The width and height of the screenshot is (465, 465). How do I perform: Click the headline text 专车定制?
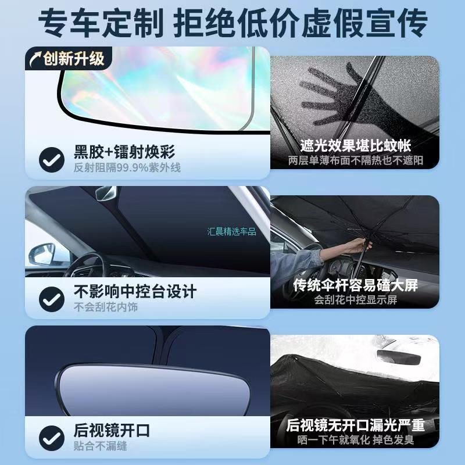click(x=100, y=23)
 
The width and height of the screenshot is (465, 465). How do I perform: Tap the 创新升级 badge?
click(x=68, y=58)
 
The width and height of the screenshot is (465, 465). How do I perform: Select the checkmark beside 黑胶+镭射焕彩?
click(x=52, y=159)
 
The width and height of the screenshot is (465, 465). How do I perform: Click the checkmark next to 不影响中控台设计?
click(x=52, y=299)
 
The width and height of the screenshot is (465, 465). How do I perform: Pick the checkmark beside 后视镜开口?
click(x=52, y=438)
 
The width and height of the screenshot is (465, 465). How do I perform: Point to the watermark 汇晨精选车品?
click(x=231, y=231)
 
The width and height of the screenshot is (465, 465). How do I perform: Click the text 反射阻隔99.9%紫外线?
click(x=127, y=168)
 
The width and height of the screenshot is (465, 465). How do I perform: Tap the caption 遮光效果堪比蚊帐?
click(x=355, y=145)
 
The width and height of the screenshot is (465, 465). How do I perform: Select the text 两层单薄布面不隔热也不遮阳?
click(x=355, y=160)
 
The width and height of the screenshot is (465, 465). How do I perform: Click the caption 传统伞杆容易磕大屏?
click(x=355, y=285)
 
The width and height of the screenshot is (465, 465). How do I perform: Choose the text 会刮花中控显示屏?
click(x=355, y=300)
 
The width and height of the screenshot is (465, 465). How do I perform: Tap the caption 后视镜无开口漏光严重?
click(x=355, y=425)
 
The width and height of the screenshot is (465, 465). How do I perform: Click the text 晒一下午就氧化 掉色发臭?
click(x=355, y=440)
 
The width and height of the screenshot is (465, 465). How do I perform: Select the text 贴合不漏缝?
click(x=100, y=446)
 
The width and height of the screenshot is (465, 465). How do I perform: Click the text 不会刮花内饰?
click(x=106, y=307)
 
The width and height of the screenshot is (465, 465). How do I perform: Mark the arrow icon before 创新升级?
click(x=35, y=58)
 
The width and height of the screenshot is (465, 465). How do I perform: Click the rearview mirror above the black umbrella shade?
click(x=398, y=357)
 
